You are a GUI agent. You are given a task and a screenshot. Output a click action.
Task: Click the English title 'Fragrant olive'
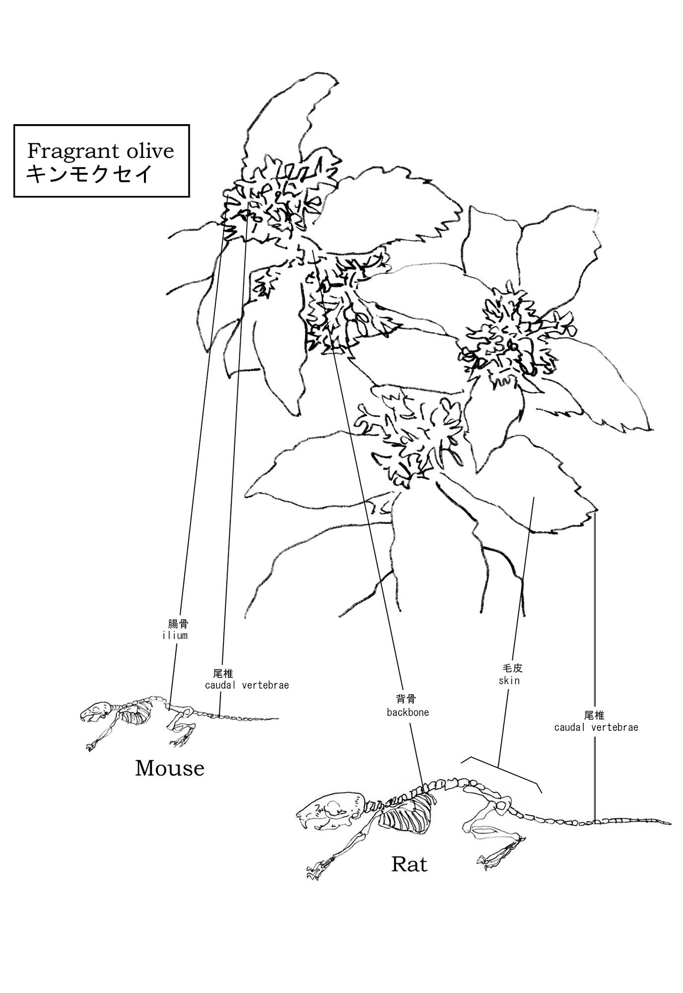(101, 150)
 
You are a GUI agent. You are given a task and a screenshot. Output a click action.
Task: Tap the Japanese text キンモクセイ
(88, 175)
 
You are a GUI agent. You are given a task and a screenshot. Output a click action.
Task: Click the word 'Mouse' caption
(170, 769)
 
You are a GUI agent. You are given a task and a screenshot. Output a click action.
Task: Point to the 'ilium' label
(175, 635)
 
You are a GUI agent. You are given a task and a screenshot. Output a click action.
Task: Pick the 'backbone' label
(408, 712)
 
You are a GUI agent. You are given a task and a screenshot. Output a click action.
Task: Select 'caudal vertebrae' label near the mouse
(247, 685)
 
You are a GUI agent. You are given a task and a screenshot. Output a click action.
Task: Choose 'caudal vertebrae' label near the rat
(596, 727)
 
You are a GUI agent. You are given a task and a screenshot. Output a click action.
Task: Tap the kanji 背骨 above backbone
(406, 700)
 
